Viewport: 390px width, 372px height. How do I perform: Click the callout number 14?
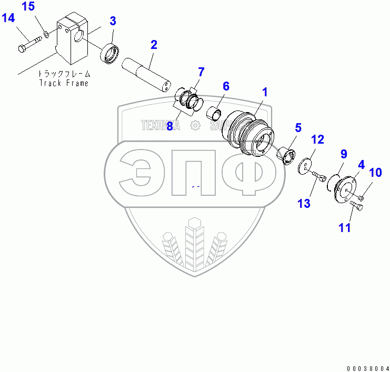[x=8, y=18]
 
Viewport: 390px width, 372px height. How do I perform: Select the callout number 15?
[x=28, y=7]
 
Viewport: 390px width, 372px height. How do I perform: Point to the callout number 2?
[x=154, y=44]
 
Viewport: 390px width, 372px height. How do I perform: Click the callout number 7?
[x=201, y=72]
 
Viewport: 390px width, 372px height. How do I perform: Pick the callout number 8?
[x=170, y=126]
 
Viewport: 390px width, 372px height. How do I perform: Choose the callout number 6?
[x=226, y=86]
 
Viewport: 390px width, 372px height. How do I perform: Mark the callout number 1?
[x=265, y=92]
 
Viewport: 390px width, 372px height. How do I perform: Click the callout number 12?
[x=317, y=139]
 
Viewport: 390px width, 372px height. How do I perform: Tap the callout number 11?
[x=344, y=227]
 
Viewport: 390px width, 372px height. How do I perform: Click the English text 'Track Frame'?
[x=64, y=83]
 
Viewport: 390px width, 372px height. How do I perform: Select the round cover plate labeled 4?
[x=344, y=189]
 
